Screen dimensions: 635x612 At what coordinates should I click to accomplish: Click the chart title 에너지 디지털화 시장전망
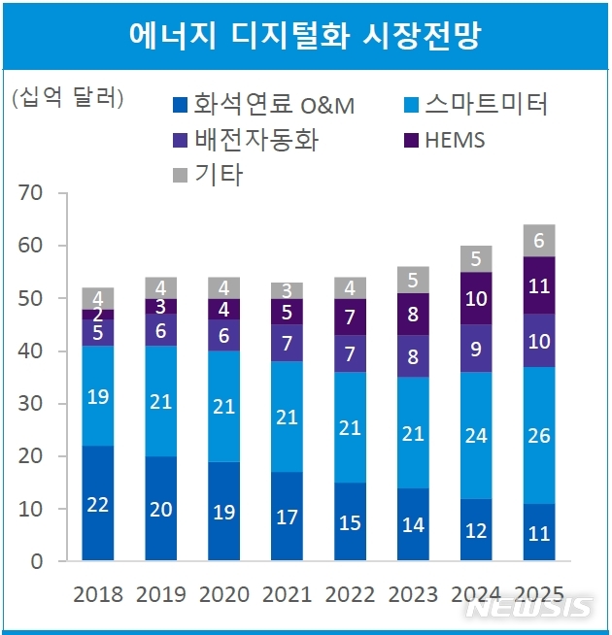pyautogui.click(x=306, y=35)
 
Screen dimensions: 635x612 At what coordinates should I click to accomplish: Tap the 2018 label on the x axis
pyautogui.click(x=97, y=594)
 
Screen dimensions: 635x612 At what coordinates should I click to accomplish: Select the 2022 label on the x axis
pyautogui.click(x=350, y=594)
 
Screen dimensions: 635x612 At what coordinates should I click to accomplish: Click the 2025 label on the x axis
pyautogui.click(x=539, y=594)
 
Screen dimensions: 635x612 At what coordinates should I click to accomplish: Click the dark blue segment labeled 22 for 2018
pyautogui.click(x=97, y=504)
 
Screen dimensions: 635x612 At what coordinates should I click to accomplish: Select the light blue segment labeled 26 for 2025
pyautogui.click(x=539, y=436)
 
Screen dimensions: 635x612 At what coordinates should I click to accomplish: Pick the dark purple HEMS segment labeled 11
pyautogui.click(x=539, y=285)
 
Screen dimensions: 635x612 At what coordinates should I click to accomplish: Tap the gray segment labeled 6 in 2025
pyautogui.click(x=539, y=241)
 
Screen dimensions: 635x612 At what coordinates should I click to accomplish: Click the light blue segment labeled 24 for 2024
pyautogui.click(x=476, y=436)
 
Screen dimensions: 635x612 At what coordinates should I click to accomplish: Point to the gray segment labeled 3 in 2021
pyautogui.click(x=287, y=290)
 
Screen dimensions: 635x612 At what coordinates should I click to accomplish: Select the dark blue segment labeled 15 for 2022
pyautogui.click(x=350, y=521)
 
